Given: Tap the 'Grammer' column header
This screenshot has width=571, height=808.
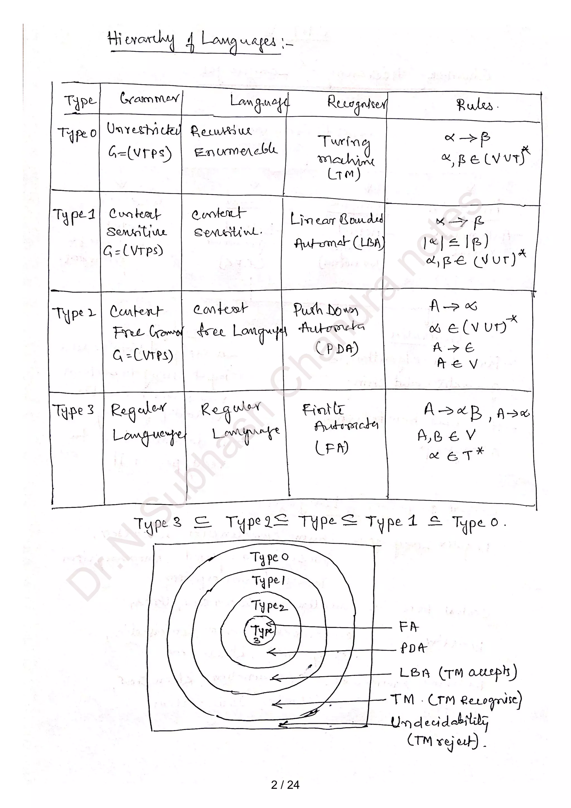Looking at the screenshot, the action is point(149,98).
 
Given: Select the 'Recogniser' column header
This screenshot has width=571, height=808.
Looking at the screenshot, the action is point(356,103).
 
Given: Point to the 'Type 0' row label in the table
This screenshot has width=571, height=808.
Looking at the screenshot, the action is point(77,133).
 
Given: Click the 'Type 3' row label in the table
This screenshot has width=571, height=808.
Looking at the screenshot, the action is point(73,410).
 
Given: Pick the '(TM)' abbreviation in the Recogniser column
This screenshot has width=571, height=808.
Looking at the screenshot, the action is point(344,174).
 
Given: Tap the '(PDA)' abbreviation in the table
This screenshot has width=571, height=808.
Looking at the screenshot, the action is point(337,349).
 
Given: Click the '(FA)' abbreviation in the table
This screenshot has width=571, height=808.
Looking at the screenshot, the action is point(332,448).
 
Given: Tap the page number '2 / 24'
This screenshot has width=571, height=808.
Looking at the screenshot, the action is point(285,785).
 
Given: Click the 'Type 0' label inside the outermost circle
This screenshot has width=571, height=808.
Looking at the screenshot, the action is point(269,557).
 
